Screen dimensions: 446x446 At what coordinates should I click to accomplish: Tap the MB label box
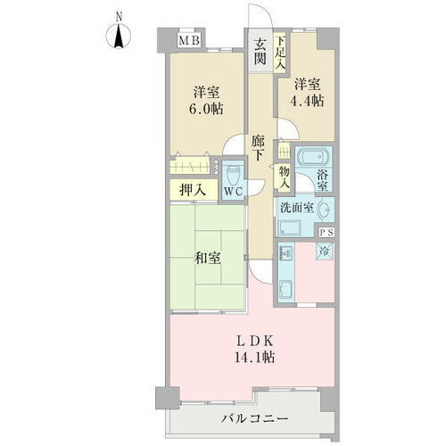pos(188,40)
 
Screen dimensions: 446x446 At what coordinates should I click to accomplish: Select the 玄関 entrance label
pos(260,54)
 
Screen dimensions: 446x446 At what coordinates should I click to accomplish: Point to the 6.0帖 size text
pos(206,108)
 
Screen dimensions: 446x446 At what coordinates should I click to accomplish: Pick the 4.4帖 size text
pos(307,102)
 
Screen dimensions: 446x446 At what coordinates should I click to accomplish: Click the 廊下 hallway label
pos(257,148)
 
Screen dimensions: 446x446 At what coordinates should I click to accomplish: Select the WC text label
pos(232,191)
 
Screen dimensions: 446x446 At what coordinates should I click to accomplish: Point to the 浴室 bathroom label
pos(326,179)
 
